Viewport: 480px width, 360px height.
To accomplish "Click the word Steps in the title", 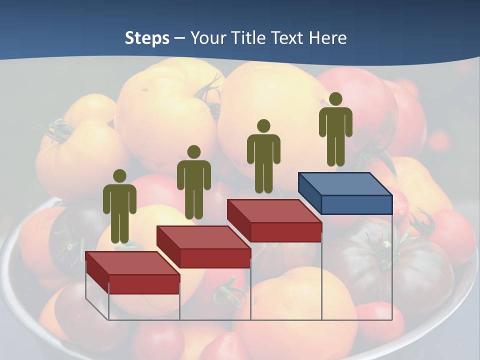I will (x=147, y=38).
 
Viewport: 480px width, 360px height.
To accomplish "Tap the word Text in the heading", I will (x=287, y=38).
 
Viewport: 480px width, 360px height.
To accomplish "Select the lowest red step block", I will (x=132, y=272).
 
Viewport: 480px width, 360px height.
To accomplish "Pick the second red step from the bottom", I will (x=203, y=246).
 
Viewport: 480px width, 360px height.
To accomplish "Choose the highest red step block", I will (x=274, y=220).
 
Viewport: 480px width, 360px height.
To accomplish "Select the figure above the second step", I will (x=193, y=182).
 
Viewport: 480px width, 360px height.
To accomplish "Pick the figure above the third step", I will (x=263, y=156).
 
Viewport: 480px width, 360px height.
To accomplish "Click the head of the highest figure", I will (x=335, y=99).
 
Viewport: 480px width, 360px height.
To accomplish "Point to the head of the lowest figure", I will (x=119, y=175).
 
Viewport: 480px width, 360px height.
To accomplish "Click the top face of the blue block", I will (x=345, y=184).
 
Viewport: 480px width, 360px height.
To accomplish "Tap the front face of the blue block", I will (x=356, y=205).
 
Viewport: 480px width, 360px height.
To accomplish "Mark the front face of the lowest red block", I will (x=144, y=284).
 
